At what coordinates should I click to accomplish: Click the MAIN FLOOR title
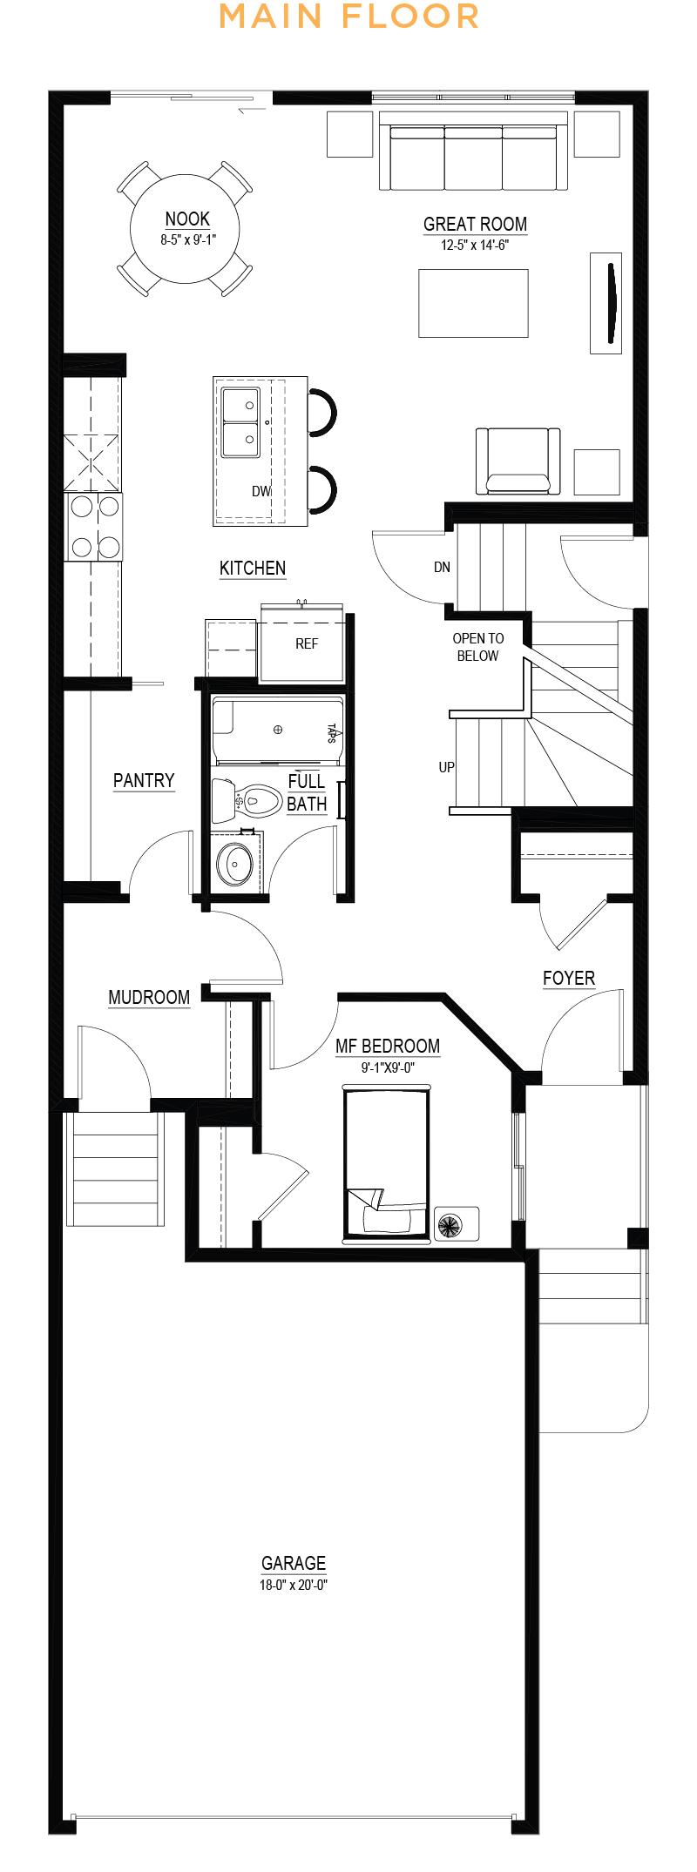tap(348, 17)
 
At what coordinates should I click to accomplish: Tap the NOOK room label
tap(187, 219)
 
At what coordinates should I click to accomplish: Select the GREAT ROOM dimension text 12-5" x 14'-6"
tap(475, 245)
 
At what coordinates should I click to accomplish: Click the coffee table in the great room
tap(473, 303)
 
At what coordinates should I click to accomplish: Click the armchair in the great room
tap(518, 461)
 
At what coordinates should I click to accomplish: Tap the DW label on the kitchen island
tap(261, 491)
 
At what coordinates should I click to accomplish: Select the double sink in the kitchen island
tap(240, 423)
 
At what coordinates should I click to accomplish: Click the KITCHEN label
tap(253, 568)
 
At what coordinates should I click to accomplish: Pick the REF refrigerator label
tap(307, 643)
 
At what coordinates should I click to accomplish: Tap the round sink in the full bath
tap(234, 863)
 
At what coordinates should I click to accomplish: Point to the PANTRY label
tap(144, 780)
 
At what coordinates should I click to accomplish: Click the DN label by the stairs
tap(442, 567)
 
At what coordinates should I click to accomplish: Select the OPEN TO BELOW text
tap(478, 647)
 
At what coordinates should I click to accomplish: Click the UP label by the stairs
tap(446, 767)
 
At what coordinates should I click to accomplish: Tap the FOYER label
tap(569, 978)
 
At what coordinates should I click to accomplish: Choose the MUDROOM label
tap(149, 997)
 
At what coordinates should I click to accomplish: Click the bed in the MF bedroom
tap(387, 1162)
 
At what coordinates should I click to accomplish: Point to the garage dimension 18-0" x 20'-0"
tap(294, 1585)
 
